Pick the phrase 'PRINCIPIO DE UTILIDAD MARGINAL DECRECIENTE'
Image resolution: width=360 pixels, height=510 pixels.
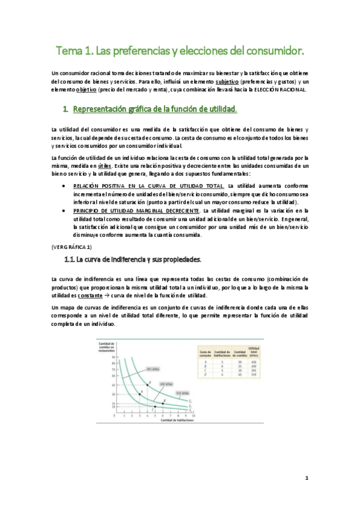click(x=136, y=211)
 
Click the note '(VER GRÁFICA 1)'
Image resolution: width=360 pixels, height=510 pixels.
click(x=72, y=247)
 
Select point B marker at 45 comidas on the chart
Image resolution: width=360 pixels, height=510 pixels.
click(x=148, y=384)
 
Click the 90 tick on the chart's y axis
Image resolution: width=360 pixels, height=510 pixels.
click(x=114, y=357)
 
